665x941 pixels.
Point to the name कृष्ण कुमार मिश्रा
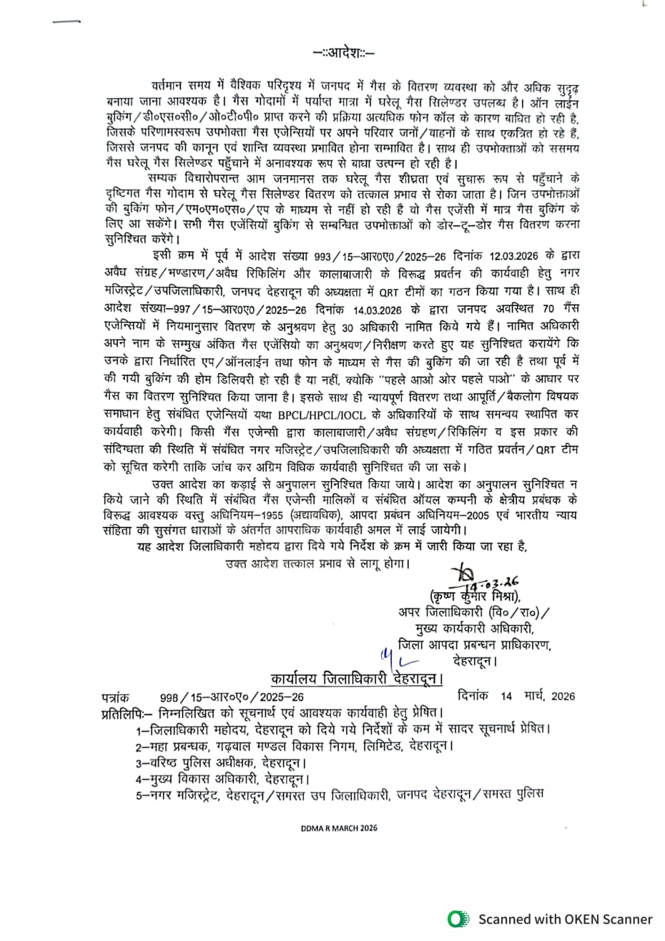[x=473, y=596]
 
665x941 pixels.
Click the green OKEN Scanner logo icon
[x=458, y=919]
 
